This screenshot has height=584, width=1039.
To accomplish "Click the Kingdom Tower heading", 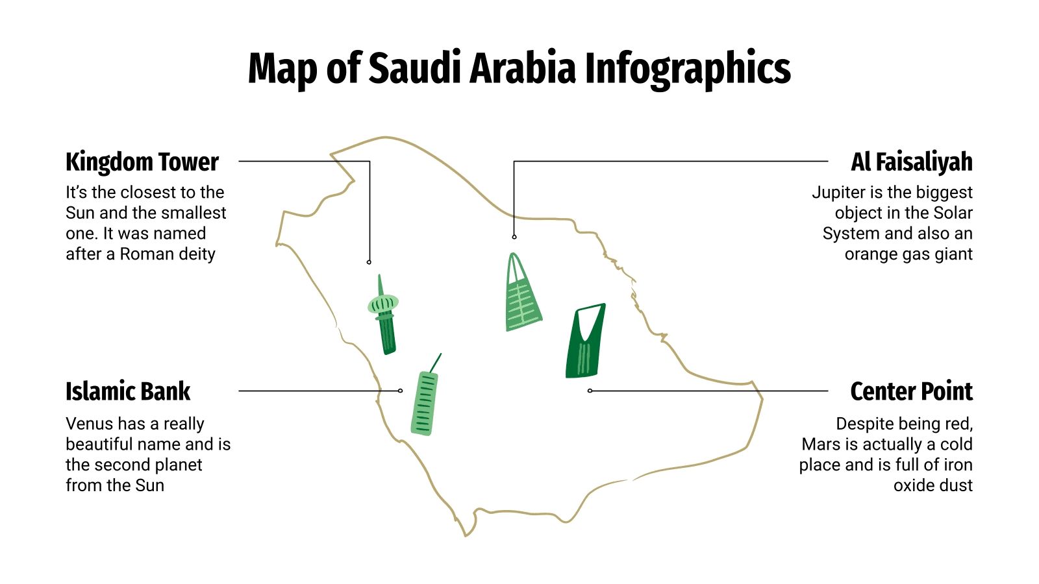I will [x=142, y=162].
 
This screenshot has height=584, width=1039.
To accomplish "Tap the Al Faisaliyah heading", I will [x=911, y=162].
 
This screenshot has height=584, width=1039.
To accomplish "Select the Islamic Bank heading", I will [x=128, y=392].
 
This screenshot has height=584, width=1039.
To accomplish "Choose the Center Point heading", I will [x=911, y=392].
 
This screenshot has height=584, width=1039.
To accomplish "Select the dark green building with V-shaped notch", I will [x=585, y=343].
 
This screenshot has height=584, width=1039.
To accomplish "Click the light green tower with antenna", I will [x=424, y=402].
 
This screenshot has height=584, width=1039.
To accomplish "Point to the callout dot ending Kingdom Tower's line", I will [x=369, y=262].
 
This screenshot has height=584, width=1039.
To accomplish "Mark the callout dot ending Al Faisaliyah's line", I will [x=514, y=237].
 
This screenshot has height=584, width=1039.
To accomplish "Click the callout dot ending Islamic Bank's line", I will [x=400, y=391].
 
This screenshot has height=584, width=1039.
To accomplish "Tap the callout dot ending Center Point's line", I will [x=590, y=391].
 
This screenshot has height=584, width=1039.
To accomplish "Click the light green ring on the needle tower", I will [x=382, y=303].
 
